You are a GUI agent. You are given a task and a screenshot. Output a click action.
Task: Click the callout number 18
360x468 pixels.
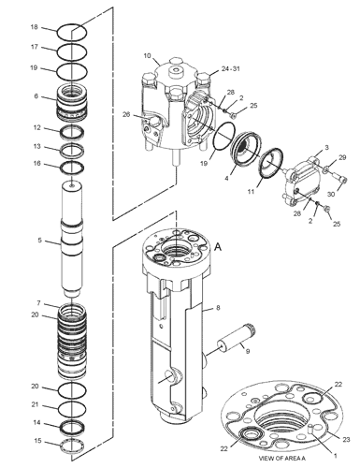[34, 27]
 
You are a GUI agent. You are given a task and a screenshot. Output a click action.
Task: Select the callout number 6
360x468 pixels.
[36, 96]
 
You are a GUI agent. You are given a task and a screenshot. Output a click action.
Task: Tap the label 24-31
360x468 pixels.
[231, 68]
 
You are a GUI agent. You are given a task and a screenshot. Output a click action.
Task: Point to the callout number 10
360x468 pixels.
[147, 56]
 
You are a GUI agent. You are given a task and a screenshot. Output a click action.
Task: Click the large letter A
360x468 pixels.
[218, 247]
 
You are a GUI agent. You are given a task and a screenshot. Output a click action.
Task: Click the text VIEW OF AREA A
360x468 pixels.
[282, 459]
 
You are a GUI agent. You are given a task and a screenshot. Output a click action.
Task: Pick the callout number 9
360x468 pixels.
[248, 351]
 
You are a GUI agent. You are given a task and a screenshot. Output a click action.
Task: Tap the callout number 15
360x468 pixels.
[37, 441]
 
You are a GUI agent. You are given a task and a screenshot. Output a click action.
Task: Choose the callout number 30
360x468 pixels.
[331, 194]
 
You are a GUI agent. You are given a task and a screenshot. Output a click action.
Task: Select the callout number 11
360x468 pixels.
[251, 192]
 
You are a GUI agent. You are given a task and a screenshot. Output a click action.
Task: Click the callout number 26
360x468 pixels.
[126, 114]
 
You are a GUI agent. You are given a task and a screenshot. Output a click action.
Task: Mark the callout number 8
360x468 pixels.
[218, 308]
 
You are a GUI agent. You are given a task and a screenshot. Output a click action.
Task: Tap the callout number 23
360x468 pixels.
[346, 440]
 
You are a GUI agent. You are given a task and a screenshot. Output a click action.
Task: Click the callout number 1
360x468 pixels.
[336, 456]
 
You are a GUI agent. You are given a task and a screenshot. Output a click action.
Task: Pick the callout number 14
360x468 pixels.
[36, 422]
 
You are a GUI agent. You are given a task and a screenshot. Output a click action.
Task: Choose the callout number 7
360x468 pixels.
[38, 303]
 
